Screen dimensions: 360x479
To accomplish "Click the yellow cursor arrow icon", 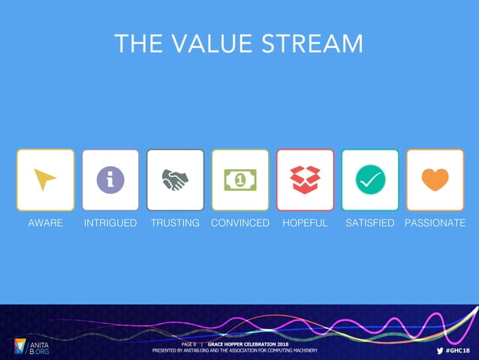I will (x=45, y=180).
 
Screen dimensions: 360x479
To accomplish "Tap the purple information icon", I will (x=110, y=180).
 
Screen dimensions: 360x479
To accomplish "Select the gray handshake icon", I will (x=175, y=180).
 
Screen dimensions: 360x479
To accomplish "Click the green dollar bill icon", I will (x=240, y=180).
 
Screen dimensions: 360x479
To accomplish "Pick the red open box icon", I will (x=305, y=180).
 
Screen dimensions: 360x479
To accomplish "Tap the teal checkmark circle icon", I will (x=370, y=180).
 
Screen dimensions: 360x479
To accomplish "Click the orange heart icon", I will (x=435, y=180).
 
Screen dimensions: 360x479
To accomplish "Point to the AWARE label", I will (x=45, y=223).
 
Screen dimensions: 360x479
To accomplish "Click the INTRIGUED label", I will (x=110, y=223).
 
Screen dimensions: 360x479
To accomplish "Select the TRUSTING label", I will (x=175, y=223).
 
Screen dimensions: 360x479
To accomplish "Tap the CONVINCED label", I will (x=240, y=223).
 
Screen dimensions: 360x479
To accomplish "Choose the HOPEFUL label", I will (x=305, y=223).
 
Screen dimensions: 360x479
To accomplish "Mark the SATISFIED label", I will (x=369, y=223).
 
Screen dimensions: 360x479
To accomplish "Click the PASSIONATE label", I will (x=435, y=223).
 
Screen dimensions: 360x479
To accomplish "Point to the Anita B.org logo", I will (x=31, y=346).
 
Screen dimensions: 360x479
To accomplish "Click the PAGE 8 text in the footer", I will (x=188, y=344).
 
